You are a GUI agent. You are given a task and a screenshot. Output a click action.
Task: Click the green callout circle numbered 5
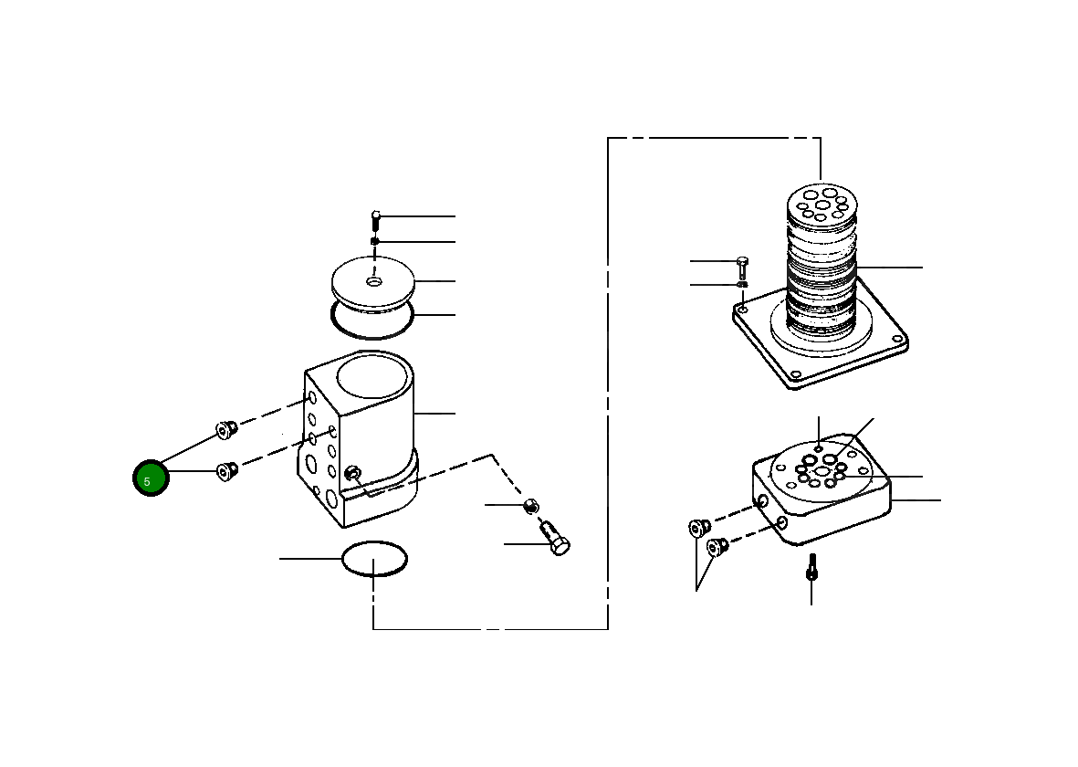tap(151, 479)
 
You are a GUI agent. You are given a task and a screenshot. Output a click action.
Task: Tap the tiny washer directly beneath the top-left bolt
tap(374, 242)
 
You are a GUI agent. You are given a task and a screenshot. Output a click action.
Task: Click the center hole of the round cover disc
tap(374, 282)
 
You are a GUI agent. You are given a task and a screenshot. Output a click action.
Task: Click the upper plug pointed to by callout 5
tap(226, 428)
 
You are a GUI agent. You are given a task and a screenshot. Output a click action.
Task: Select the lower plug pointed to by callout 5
tap(226, 471)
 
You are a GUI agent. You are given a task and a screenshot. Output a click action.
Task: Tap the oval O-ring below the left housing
tap(374, 559)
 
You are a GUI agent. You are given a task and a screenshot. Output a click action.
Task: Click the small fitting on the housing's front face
tap(352, 473)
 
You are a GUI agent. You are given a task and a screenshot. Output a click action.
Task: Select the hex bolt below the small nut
tap(555, 539)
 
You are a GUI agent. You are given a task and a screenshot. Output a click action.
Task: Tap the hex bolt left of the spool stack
tap(742, 267)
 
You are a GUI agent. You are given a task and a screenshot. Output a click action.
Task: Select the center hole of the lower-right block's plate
tap(824, 471)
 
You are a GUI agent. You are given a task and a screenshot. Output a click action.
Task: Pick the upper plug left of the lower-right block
tap(700, 528)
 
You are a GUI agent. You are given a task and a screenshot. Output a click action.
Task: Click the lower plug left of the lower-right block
tap(717, 547)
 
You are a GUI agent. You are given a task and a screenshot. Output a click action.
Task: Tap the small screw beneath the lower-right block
tap(811, 567)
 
